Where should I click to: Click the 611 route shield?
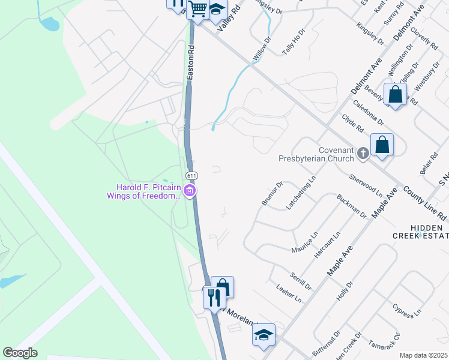191,175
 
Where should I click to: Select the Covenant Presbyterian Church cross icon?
363,154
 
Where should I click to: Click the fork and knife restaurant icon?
214,296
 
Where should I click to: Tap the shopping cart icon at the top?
197,10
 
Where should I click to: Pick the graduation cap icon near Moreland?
263,335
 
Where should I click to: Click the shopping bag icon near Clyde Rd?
381,145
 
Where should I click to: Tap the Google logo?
20,352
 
